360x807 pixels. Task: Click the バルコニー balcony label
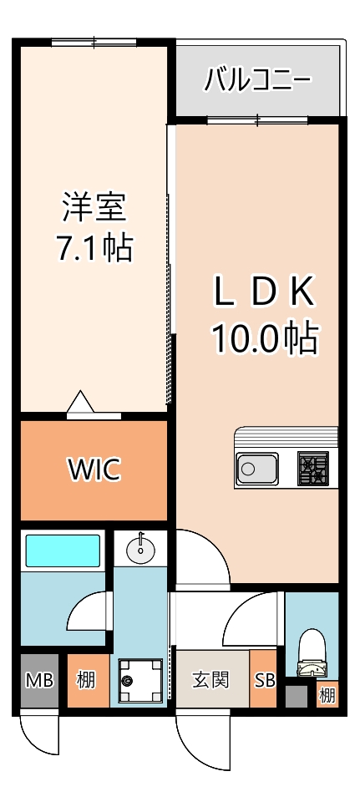tap(258, 81)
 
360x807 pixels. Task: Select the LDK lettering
tap(263, 293)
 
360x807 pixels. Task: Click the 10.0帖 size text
tap(263, 338)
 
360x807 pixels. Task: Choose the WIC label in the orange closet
tap(94, 470)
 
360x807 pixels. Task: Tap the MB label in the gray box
tap(39, 680)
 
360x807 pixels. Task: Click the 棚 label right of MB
tap(86, 680)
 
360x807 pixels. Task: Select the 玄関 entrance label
tap(210, 680)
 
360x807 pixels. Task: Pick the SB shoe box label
tap(265, 680)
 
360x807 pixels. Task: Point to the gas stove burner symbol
tap(314, 469)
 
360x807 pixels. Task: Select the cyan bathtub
tap(62, 551)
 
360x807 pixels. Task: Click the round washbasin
tap(141, 550)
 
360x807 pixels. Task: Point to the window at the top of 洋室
tap(94, 42)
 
